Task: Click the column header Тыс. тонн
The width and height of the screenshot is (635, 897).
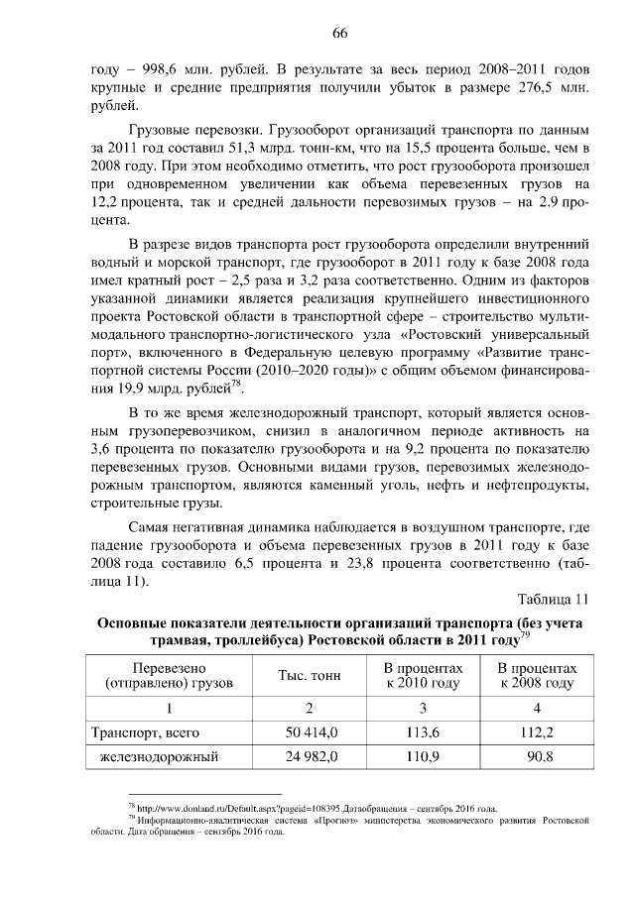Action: coord(310,676)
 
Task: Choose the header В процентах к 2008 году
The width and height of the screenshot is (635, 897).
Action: coord(537,676)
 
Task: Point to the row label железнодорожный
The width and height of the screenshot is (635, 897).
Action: coord(158,758)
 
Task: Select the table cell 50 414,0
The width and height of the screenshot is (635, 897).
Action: coord(310,732)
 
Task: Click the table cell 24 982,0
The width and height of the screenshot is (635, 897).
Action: coord(310,758)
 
